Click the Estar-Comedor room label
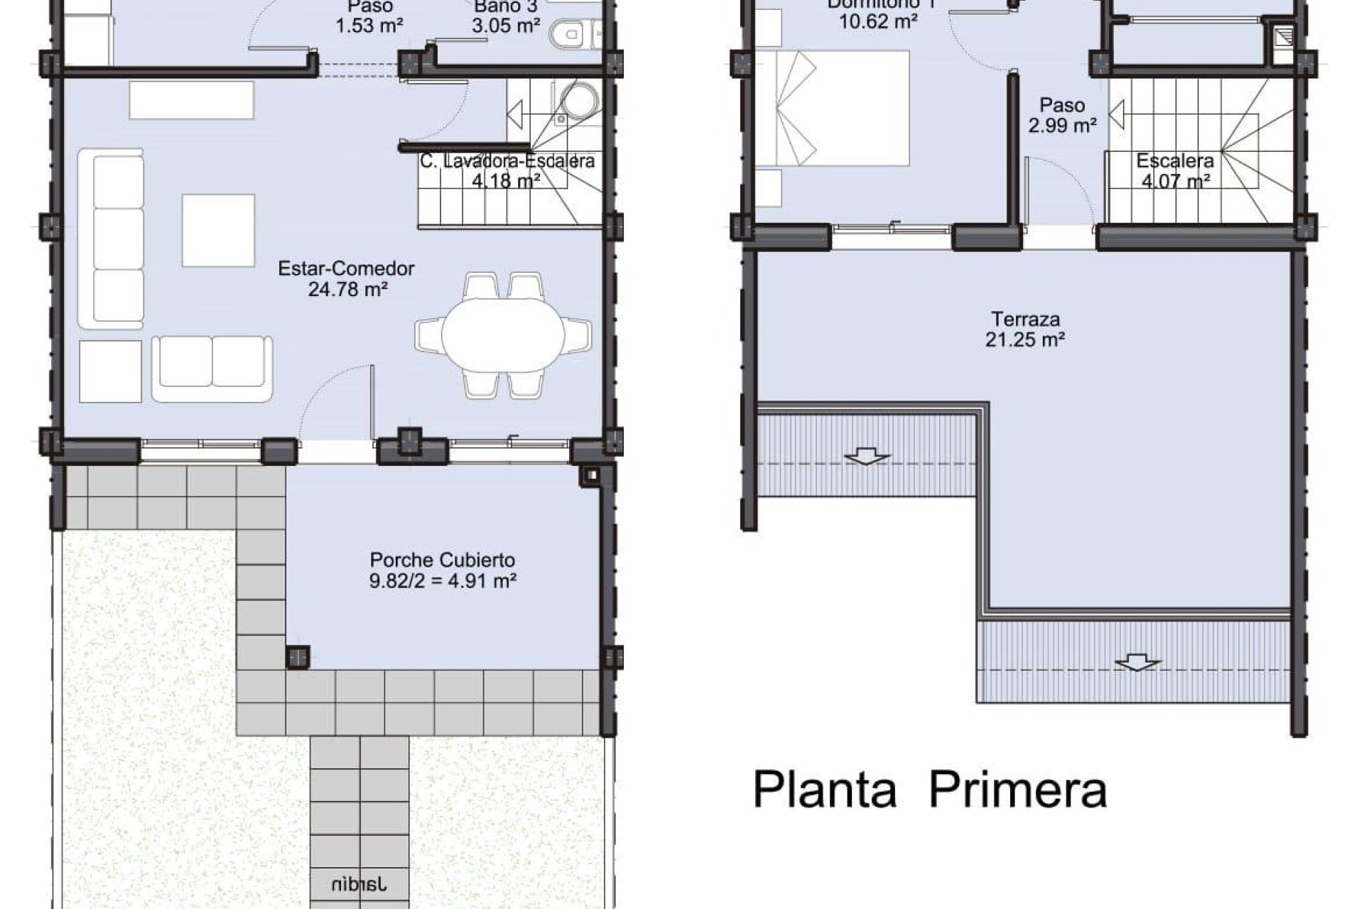pyautogui.click(x=346, y=268)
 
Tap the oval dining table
pyautogui.click(x=503, y=334)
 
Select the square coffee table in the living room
pyautogui.click(x=218, y=230)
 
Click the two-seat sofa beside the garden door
pyautogui.click(x=212, y=369)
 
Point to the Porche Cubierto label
pyautogui.click(x=442, y=560)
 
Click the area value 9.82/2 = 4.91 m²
pyautogui.click(x=442, y=581)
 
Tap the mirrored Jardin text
pyautogui.click(x=359, y=884)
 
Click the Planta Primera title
pyautogui.click(x=929, y=790)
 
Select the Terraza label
pyautogui.click(x=1025, y=319)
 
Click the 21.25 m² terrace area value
pyautogui.click(x=1024, y=339)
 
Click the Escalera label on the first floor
pyautogui.click(x=1174, y=160)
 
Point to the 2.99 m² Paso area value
pyautogui.click(x=1061, y=126)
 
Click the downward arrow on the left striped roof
pyautogui.click(x=865, y=456)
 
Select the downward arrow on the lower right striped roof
pyautogui.click(x=1137, y=663)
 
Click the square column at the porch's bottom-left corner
pyautogui.click(x=298, y=656)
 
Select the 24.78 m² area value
pyautogui.click(x=347, y=289)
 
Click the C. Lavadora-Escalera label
pyautogui.click(x=507, y=162)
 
